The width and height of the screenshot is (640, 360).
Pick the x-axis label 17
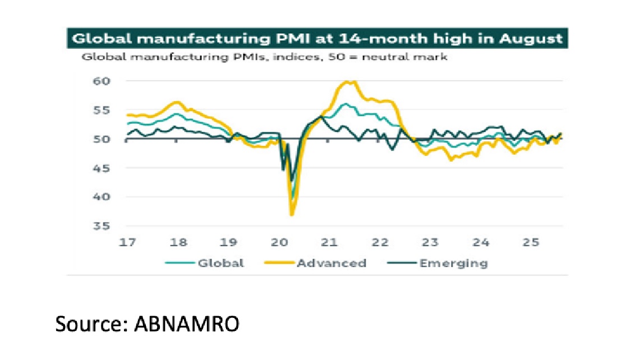[128, 243]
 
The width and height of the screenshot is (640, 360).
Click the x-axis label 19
[229, 243]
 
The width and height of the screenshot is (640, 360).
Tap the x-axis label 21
[330, 243]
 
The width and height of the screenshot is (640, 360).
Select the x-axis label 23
[430, 243]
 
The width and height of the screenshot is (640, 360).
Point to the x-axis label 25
[531, 243]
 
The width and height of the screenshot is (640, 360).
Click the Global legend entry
[220, 263]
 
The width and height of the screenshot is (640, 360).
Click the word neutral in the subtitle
[386, 57]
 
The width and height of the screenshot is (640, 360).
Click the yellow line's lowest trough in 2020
[292, 214]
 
